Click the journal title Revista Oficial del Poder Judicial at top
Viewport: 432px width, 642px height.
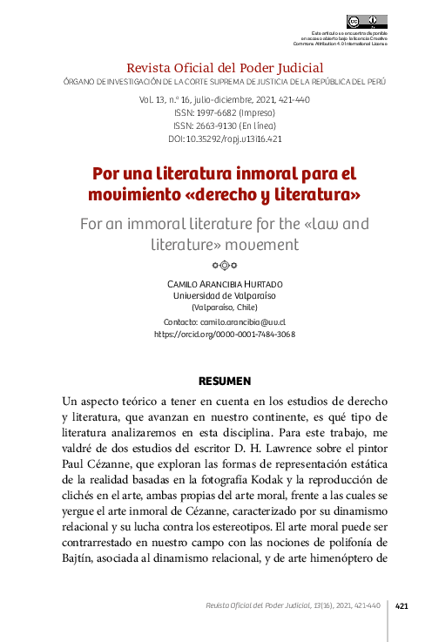(225, 67)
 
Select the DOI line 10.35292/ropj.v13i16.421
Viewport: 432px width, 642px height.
(225, 139)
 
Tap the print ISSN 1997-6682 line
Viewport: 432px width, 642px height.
(225, 113)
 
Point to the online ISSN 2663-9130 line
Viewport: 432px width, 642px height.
(225, 125)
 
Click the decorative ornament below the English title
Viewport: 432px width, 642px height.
(225, 265)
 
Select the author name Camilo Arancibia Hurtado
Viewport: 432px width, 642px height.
(225, 285)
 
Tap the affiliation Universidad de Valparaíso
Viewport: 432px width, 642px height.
(225, 296)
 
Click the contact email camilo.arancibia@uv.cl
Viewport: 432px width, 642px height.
(249, 321)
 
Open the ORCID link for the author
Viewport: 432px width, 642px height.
(225, 334)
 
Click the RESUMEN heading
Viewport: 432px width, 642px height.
(225, 381)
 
